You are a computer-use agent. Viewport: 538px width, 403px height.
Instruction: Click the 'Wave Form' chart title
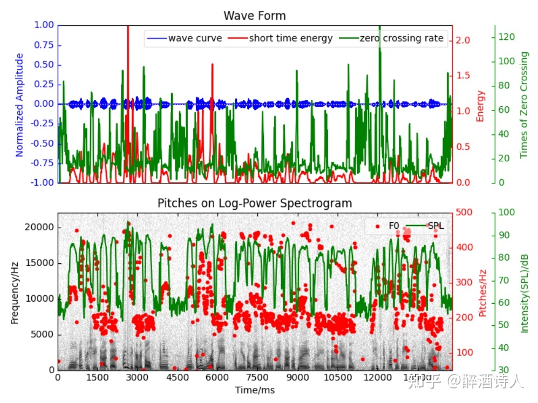[255, 16]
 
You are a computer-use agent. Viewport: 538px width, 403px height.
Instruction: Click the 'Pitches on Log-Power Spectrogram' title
[255, 203]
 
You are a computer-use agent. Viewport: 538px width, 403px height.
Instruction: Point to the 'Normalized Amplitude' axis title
[20, 105]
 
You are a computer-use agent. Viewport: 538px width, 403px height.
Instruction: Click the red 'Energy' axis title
[481, 106]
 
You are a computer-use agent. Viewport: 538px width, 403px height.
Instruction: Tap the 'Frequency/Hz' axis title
[15, 291]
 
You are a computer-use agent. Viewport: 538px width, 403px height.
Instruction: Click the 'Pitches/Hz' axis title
[483, 291]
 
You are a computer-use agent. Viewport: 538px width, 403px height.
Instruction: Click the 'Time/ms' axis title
[255, 390]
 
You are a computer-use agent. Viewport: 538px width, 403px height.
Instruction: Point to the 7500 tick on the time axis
[255, 378]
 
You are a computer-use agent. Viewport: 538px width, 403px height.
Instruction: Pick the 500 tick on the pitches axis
[464, 212]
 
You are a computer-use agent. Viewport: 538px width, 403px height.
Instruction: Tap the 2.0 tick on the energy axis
[464, 40]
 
